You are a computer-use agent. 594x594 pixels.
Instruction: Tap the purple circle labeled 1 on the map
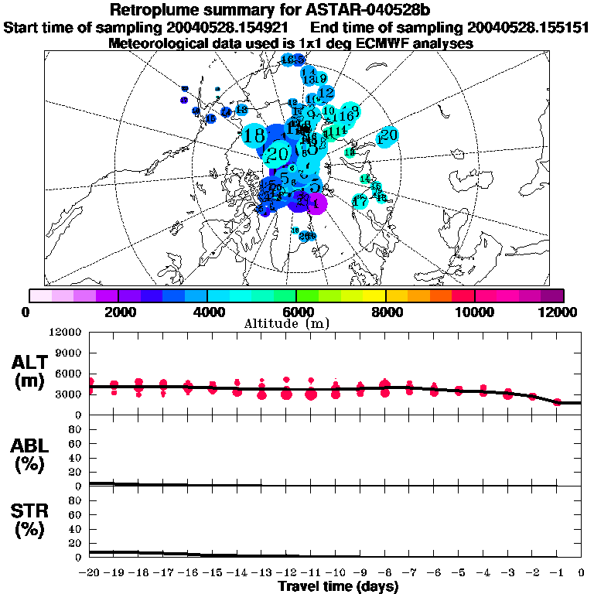tap(316, 204)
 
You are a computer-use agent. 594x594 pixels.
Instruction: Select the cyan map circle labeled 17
tap(360, 202)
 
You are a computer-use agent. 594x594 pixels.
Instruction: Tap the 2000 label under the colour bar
tap(118, 312)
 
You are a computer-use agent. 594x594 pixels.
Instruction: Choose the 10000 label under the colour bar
tap(474, 312)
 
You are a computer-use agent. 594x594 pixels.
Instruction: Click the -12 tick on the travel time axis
tap(286, 572)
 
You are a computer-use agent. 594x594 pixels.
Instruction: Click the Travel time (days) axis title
tap(338, 587)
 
